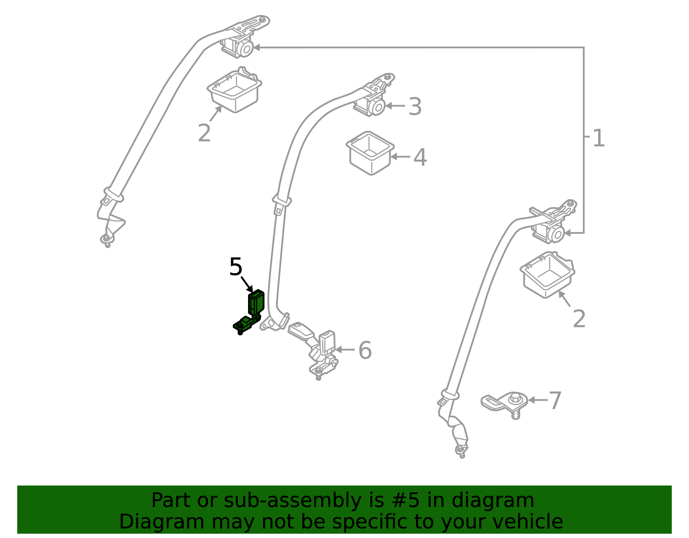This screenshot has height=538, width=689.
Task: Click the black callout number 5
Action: [236, 267]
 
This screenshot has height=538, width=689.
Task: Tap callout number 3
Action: [415, 106]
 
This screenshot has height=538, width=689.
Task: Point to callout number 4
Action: [420, 158]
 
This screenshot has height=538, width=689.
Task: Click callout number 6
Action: [365, 350]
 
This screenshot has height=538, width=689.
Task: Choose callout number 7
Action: [555, 401]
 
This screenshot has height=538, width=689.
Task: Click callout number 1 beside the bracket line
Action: [599, 138]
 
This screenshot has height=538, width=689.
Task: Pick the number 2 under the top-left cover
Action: [204, 133]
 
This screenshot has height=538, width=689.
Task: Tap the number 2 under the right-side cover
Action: [579, 319]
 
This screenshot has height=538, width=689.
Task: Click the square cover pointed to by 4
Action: [370, 153]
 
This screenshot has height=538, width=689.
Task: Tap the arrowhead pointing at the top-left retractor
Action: [257, 47]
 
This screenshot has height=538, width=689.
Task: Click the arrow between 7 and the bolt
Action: [538, 400]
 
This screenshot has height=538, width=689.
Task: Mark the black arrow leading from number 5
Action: [247, 284]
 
